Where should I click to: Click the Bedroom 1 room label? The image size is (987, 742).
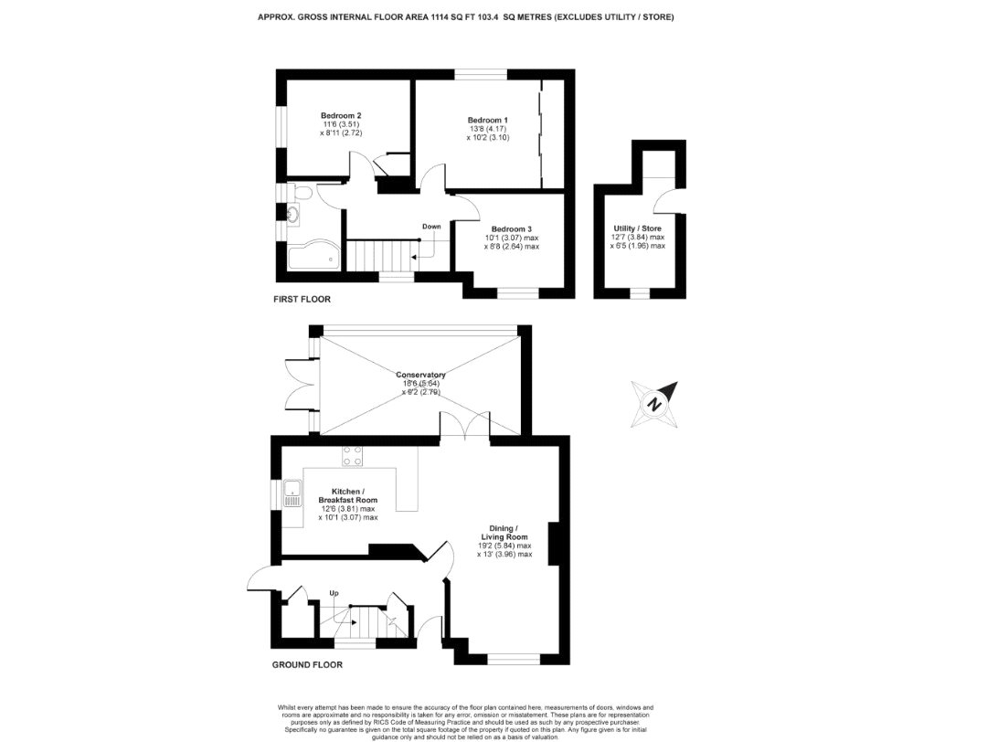(x=487, y=121)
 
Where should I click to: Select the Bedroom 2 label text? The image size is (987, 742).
(x=340, y=116)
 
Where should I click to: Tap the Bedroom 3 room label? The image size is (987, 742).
(x=511, y=229)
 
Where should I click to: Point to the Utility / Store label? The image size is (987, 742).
(x=637, y=228)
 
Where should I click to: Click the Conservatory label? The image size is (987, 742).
(x=420, y=375)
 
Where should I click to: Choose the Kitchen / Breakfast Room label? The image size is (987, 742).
(x=347, y=495)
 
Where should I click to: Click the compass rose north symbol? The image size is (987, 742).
(x=654, y=403)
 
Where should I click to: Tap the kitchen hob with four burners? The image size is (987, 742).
(x=353, y=459)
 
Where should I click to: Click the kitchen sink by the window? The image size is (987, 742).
(x=292, y=495)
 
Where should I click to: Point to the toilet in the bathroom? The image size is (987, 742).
(x=303, y=194)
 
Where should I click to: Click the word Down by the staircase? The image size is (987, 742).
(x=431, y=226)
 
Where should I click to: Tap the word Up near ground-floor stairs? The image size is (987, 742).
(x=334, y=593)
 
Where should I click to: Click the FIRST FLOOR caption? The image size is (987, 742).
(x=302, y=299)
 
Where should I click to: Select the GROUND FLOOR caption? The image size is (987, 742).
(x=307, y=664)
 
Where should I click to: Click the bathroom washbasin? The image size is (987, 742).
(x=293, y=216)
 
